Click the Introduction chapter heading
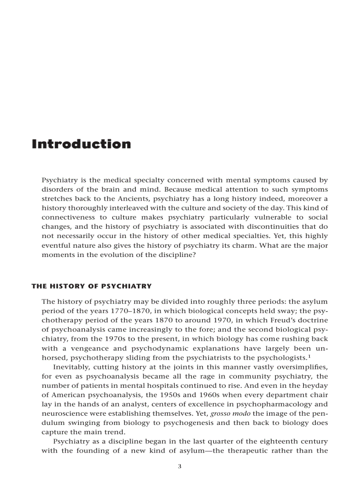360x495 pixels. click(x=81, y=144)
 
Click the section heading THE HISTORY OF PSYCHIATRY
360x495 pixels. click(x=91, y=286)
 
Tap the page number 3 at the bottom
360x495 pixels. click(x=179, y=467)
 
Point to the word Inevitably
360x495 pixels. click(x=71, y=367)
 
